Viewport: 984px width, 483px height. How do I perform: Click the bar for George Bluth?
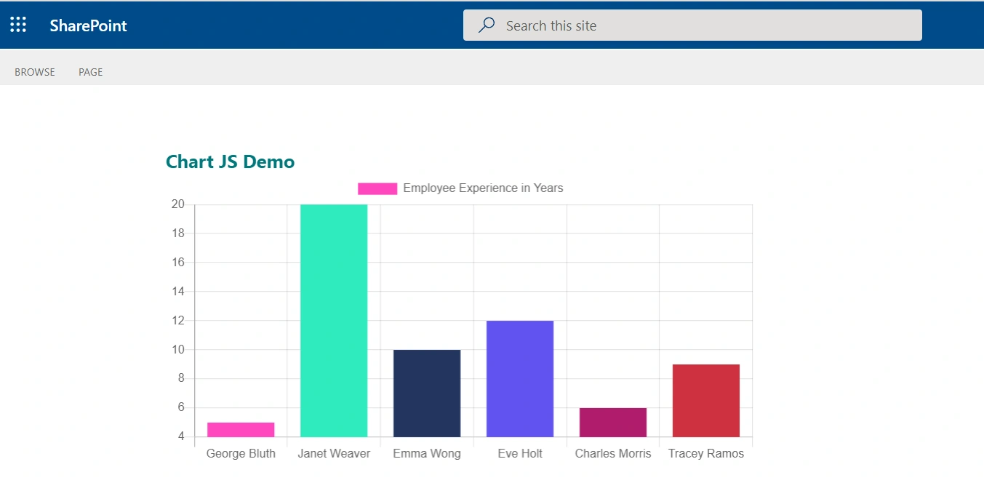tap(241, 429)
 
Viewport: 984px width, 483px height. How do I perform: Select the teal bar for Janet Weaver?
tap(334, 320)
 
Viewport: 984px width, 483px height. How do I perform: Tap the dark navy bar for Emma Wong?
tap(427, 394)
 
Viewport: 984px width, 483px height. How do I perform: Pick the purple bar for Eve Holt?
tap(520, 379)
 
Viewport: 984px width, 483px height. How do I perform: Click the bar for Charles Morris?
tap(613, 423)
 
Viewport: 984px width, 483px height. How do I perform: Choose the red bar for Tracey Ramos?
tap(706, 400)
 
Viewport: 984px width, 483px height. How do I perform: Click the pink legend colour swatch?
tap(377, 188)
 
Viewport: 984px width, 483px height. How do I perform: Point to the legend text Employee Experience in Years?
tap(483, 188)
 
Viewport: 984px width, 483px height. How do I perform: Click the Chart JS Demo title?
tap(230, 161)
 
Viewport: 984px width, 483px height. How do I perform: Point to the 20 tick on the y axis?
tap(178, 204)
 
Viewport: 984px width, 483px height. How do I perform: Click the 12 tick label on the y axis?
tap(178, 320)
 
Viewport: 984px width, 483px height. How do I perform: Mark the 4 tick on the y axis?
tap(181, 436)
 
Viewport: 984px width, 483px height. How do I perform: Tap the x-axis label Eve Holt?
tap(520, 454)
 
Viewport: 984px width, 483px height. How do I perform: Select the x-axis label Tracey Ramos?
tap(706, 454)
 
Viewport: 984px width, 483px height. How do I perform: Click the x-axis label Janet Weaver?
tap(334, 454)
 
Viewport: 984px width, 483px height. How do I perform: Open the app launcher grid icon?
tap(18, 25)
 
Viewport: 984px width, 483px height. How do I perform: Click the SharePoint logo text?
tap(88, 25)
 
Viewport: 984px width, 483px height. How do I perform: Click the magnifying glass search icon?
tap(487, 25)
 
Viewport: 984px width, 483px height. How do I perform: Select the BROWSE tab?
tap(35, 72)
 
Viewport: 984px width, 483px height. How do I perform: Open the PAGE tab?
tap(90, 72)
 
